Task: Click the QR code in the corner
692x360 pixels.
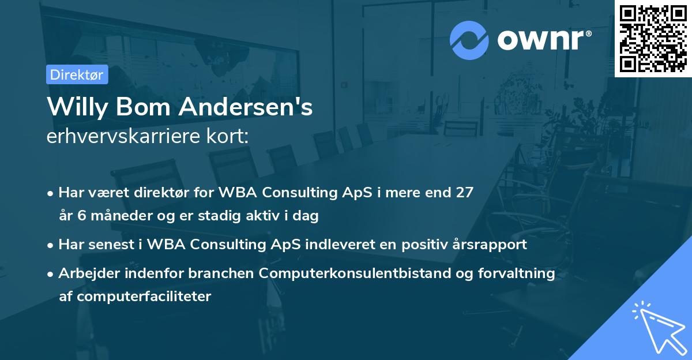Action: (653, 39)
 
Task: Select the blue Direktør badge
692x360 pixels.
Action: (77, 74)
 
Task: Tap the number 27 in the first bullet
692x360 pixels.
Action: (464, 193)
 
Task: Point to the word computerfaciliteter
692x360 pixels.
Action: (136, 297)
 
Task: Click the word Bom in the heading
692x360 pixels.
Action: (152, 108)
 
